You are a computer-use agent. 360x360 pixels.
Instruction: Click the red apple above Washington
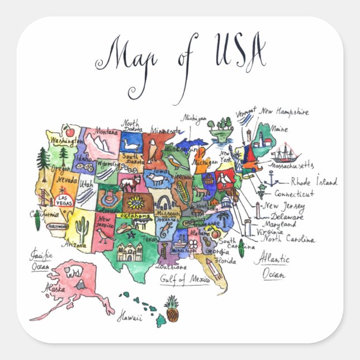pos(70,132)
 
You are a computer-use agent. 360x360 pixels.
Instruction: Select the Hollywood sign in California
pos(58,226)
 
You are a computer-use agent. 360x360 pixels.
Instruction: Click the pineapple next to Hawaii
pos(172,309)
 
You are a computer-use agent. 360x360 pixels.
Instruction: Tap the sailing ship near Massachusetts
pos(286,153)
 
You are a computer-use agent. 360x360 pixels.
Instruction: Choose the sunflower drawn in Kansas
pos(135,202)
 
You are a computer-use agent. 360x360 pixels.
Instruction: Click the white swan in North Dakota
pos(131,146)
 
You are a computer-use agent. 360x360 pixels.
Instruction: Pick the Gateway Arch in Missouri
pos(165,202)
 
